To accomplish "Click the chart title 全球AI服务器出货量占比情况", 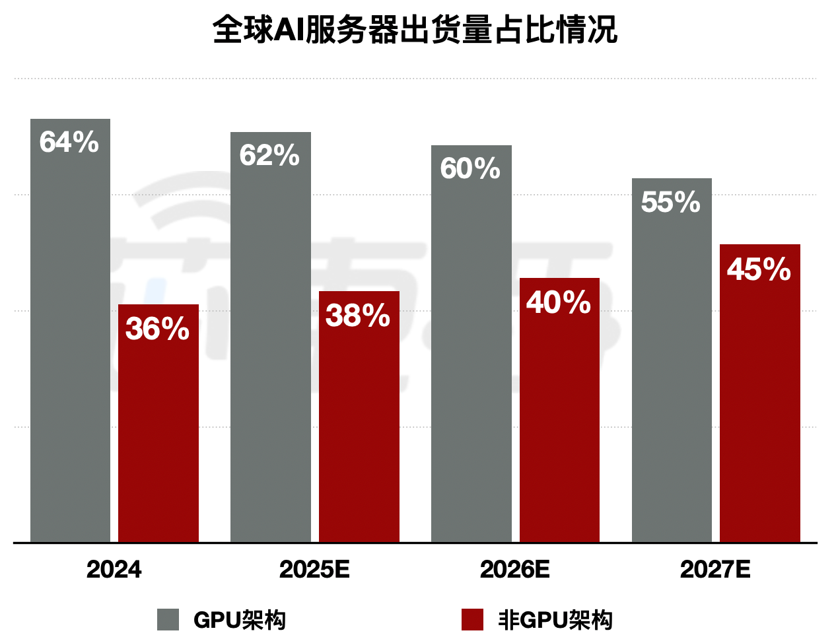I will (415, 30).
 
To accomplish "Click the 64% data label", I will (69, 142).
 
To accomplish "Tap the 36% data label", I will (158, 328).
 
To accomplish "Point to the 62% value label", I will (269, 155).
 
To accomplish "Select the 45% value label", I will (759, 269).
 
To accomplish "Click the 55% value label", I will (671, 201).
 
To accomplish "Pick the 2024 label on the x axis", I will (114, 569).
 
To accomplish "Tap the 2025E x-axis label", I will (314, 569).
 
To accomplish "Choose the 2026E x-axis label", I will (515, 569).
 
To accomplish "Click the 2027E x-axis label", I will (715, 569).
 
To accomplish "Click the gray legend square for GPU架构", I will (168, 620).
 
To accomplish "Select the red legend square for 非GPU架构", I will (472, 620).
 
